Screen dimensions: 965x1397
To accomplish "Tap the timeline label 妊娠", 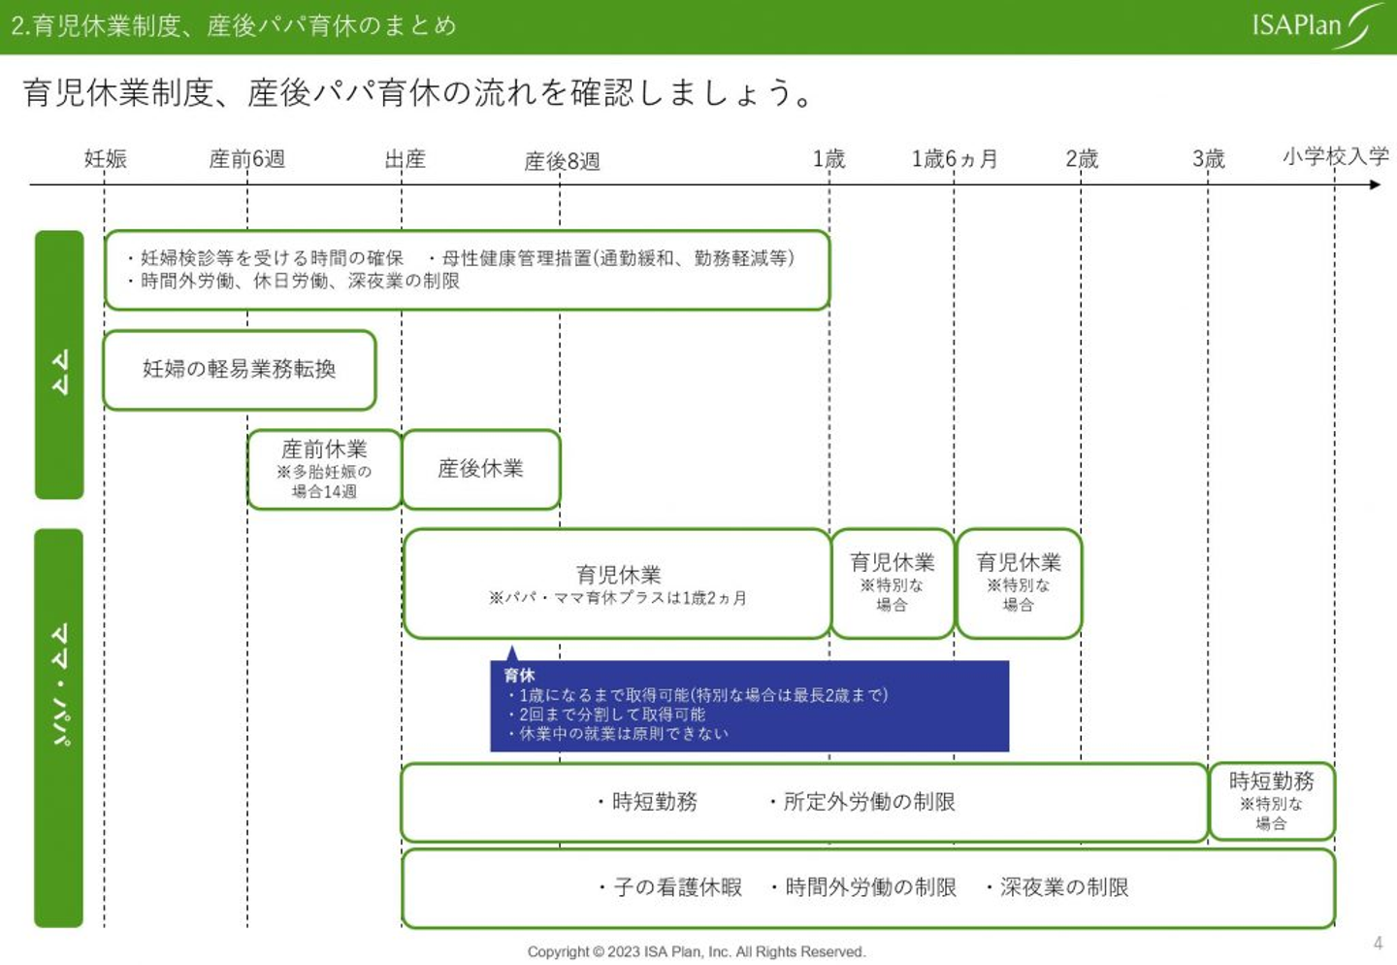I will pos(105,158).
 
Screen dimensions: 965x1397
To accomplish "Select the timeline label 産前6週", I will pos(246,158).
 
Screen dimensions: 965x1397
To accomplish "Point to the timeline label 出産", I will pos(405,158).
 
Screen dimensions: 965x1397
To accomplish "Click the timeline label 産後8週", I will pos(562,161).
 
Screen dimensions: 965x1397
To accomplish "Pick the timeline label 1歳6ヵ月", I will pos(954,158).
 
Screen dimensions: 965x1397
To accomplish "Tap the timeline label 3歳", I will pos(1208,158).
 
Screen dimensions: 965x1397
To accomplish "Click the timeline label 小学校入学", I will pos(1335,156).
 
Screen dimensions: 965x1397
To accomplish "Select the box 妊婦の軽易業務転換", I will pos(239,369).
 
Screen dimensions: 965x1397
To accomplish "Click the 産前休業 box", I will pos(324,469).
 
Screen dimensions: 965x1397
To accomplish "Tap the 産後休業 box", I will pos(480,469).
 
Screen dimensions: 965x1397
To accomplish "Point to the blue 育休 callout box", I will pos(749,706).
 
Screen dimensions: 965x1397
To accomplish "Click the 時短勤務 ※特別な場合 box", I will pos(1271,801).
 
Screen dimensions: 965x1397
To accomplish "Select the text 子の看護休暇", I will pos(677,887).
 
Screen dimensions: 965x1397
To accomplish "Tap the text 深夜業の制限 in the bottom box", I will pos(1063,887).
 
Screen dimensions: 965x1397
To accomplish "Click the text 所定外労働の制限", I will pos(868,802).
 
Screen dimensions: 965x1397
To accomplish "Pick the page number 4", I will pos(1378,943).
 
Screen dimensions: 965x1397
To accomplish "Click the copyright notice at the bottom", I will pos(696,951).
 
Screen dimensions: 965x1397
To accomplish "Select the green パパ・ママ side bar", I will pos(59,728).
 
